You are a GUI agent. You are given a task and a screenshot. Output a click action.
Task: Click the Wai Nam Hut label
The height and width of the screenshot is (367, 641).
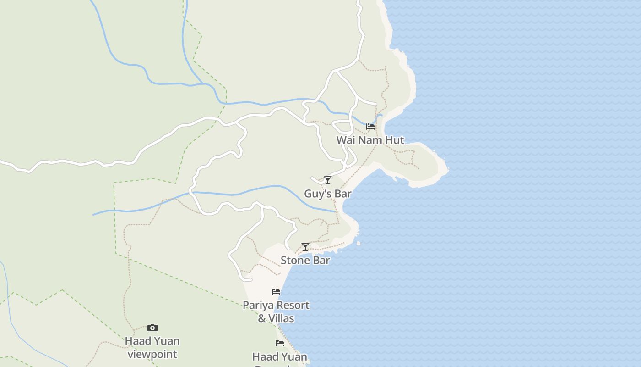pyautogui.click(x=370, y=140)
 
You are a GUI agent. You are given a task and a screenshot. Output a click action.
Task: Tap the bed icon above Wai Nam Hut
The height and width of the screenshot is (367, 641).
pyautogui.click(x=370, y=126)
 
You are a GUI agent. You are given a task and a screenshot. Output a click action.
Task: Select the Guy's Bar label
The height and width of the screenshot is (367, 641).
pyautogui.click(x=328, y=194)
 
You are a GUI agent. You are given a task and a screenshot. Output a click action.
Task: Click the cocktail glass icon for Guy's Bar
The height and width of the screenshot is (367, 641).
pyautogui.click(x=328, y=180)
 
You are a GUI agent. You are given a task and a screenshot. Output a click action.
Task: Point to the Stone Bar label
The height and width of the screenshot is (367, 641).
pyautogui.click(x=305, y=261)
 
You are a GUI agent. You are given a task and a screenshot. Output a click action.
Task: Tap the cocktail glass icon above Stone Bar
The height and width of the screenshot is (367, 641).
pyautogui.click(x=305, y=247)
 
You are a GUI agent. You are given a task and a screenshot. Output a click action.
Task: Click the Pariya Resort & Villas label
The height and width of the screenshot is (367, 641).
pyautogui.click(x=276, y=311)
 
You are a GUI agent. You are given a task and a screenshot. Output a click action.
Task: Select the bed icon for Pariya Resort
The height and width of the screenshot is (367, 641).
pyautogui.click(x=276, y=291)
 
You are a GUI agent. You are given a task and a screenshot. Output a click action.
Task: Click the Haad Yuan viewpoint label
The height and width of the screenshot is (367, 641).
pyautogui.click(x=152, y=348)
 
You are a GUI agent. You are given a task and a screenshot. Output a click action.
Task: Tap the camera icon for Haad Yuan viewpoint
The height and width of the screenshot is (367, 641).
pyautogui.click(x=152, y=328)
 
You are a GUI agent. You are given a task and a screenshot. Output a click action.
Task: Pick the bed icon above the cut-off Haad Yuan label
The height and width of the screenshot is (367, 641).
pyautogui.click(x=280, y=343)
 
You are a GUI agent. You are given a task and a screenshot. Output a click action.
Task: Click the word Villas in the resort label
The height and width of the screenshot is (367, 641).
pyautogui.click(x=282, y=318)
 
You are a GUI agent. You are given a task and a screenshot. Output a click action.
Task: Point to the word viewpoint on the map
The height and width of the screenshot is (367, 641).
pyautogui.click(x=152, y=355)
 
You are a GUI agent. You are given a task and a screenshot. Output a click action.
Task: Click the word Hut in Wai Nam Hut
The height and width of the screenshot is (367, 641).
pyautogui.click(x=395, y=140)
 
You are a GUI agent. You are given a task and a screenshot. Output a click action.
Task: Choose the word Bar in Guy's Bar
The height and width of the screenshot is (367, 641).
pyautogui.click(x=342, y=194)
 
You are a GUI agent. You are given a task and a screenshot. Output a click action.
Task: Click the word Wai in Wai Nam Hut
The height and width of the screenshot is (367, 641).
pyautogui.click(x=346, y=140)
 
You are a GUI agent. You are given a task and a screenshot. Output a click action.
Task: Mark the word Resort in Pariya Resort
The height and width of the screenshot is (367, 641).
pyautogui.click(x=293, y=305)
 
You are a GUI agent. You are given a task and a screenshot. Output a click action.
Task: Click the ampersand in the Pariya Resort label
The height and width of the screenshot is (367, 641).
pyautogui.click(x=262, y=318)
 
